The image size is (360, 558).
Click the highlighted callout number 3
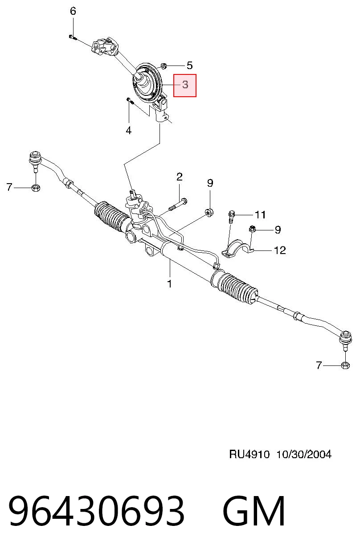click(185, 85)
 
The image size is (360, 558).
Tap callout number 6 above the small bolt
click(73, 11)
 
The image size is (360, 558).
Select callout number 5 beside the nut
click(190, 66)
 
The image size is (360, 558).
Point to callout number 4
click(128, 130)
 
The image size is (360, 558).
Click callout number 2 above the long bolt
click(180, 176)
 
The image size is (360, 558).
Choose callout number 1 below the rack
click(170, 284)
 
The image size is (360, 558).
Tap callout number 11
click(260, 214)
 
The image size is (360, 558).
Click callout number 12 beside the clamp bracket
click(280, 250)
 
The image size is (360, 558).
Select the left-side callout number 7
click(9, 187)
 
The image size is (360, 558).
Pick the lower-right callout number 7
click(319, 365)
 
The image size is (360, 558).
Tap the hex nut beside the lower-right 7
click(345, 365)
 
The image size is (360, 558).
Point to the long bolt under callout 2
click(178, 204)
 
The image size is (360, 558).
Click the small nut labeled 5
click(164, 66)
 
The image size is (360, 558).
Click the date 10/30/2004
click(304, 455)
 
